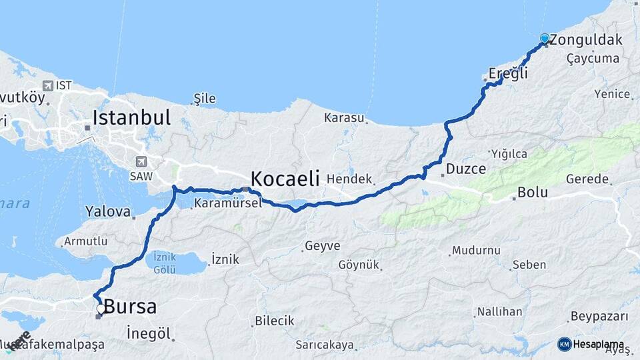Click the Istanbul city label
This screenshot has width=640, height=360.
click(131, 118)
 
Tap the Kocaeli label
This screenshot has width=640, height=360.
click(285, 179)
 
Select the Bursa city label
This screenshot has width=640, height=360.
click(131, 307)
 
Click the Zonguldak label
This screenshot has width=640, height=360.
click(587, 40)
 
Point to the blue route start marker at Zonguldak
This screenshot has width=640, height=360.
click(545, 39)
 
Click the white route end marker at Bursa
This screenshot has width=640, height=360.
click(101, 309)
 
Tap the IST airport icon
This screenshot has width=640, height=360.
click(49, 85)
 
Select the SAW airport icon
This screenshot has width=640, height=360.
click(141, 162)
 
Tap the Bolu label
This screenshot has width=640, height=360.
click(533, 193)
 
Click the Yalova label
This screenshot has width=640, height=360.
click(108, 212)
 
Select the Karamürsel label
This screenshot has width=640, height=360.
click(227, 203)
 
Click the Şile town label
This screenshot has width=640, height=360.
click(204, 99)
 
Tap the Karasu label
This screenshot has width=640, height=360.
click(344, 118)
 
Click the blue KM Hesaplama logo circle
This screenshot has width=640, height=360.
click(565, 344)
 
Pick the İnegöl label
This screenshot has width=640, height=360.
click(149, 333)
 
